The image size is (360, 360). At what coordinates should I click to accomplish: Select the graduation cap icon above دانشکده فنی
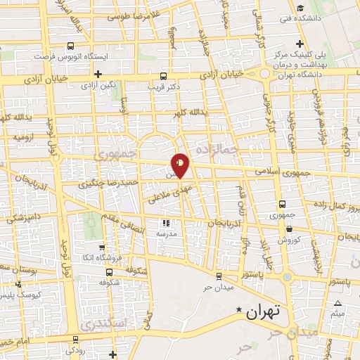tap(300, 8)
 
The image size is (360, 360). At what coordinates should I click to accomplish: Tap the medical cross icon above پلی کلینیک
tap(300, 45)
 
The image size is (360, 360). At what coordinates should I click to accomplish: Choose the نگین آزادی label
tap(98, 85)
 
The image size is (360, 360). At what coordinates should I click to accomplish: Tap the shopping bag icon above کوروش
tap(289, 228)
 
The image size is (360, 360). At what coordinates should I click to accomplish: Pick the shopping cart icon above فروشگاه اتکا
tap(103, 247)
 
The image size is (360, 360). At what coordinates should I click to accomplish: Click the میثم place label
tap(339, 314)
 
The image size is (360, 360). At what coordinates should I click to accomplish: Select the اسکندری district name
tap(103, 324)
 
